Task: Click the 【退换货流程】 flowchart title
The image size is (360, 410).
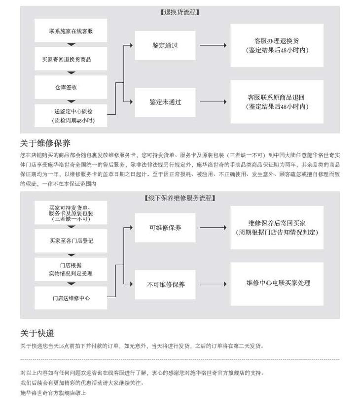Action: pos(180,12)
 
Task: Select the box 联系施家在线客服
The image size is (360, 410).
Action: pos(71,31)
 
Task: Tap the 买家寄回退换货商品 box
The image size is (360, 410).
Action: pos(71,59)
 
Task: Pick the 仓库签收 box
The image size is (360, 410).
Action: pos(71,87)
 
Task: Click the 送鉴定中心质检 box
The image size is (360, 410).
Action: pos(71,115)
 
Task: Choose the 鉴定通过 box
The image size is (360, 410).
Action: pos(165,45)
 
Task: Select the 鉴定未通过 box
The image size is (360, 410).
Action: pos(165,102)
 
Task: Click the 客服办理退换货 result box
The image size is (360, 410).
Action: pos(277,45)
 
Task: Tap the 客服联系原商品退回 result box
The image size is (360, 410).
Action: pos(277,102)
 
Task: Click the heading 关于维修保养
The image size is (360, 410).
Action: pos(45,143)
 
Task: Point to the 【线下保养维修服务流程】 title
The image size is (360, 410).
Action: pos(180,198)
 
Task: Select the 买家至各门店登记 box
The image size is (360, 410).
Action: pos(71,241)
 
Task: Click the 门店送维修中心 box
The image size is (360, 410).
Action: pos(71,298)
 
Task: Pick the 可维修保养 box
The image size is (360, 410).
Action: pos(165,228)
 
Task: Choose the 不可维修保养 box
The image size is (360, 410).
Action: pos(165,285)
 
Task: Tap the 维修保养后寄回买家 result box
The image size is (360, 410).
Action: pos(277,228)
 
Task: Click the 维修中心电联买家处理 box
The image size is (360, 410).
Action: pos(277,283)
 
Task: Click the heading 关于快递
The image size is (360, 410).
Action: pos(37,334)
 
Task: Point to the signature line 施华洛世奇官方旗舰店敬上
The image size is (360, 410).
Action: pos(53,393)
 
